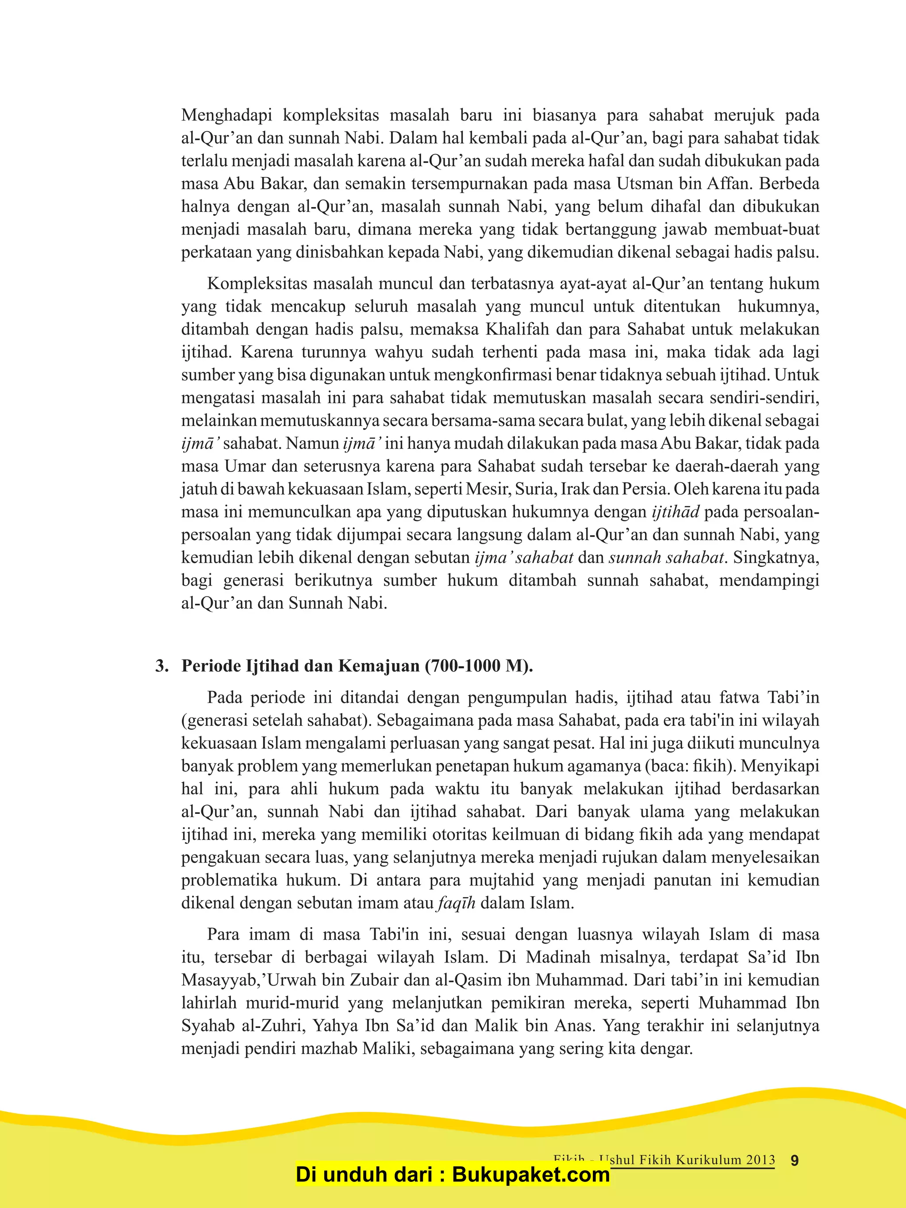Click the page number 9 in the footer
coord(795,1161)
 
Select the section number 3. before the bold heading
coord(162,666)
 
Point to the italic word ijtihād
coord(676,512)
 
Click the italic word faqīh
coord(457,903)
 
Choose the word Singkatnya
coord(776,558)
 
